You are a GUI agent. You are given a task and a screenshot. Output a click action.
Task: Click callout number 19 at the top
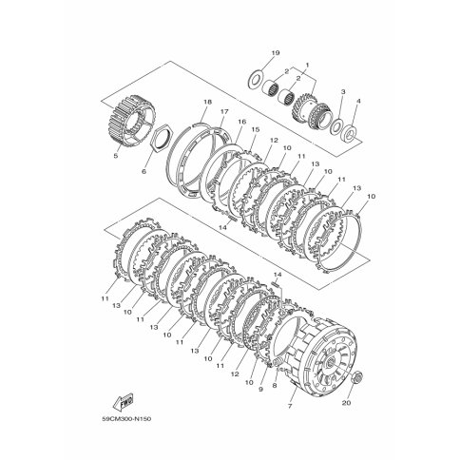click(x=276, y=53)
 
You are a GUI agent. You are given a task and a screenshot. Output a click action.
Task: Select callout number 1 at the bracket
click(x=307, y=65)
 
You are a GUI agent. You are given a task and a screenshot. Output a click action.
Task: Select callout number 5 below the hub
click(x=115, y=156)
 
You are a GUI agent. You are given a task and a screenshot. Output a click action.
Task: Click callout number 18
click(x=208, y=102)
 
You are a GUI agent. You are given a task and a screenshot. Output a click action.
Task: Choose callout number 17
click(x=224, y=111)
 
